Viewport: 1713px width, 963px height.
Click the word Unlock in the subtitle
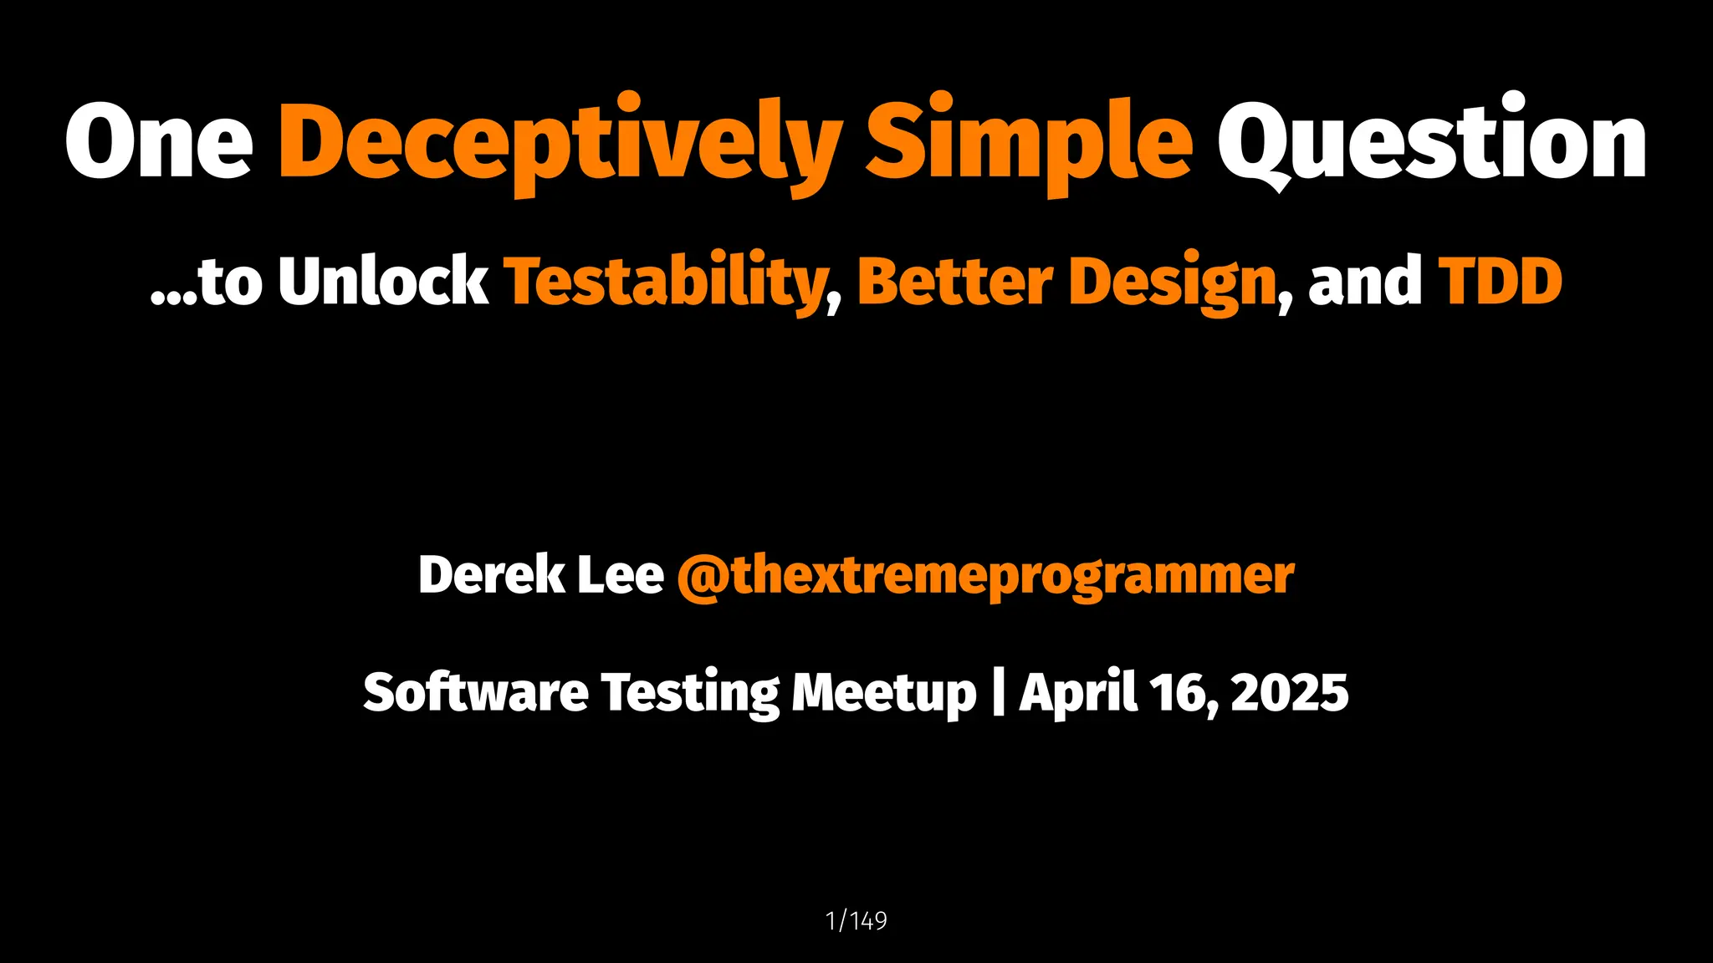(383, 281)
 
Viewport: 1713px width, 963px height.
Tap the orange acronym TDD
(1500, 281)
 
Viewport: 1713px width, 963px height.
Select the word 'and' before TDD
(1365, 281)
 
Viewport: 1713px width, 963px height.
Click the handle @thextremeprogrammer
(985, 577)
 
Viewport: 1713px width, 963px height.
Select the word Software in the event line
(476, 692)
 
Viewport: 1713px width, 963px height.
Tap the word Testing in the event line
(690, 694)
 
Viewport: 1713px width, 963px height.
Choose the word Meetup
(884, 694)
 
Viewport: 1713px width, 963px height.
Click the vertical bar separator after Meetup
(998, 692)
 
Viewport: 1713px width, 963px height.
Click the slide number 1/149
(856, 920)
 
